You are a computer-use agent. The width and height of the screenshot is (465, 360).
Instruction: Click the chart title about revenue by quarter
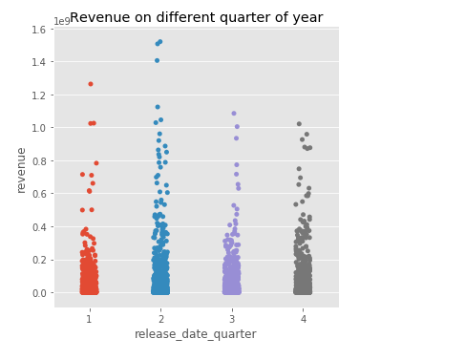[x=196, y=17]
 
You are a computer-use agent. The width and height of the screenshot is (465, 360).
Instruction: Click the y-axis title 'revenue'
[x=21, y=170]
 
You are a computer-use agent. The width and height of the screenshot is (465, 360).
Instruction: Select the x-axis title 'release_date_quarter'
[x=196, y=334]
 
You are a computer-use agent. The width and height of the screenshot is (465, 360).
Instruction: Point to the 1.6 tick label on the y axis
[x=37, y=30]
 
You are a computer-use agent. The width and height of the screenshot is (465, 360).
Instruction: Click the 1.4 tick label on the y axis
[x=37, y=62]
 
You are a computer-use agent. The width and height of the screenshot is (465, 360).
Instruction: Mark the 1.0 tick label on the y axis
[x=37, y=128]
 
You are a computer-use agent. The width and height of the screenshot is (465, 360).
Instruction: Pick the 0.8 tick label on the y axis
[x=37, y=161]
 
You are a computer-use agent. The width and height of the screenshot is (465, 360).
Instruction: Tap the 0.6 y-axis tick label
[x=37, y=194]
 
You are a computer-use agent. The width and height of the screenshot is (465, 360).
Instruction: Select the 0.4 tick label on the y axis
[x=37, y=227]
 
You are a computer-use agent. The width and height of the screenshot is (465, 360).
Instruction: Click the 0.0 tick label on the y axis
[x=37, y=293]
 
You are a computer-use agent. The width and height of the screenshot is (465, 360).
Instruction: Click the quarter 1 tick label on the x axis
[x=89, y=318]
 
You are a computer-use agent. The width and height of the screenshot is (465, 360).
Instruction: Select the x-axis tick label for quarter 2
[x=160, y=318]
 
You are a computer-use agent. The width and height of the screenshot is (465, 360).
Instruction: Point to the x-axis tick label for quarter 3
[x=232, y=318]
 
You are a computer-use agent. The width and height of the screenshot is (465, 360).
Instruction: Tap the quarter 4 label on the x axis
[x=304, y=318]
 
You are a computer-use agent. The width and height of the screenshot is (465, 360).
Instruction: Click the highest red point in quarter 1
[x=91, y=84]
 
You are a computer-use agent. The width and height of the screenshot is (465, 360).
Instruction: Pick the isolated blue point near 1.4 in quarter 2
[x=158, y=61]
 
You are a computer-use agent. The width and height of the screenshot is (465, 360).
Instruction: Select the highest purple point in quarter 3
[x=233, y=114]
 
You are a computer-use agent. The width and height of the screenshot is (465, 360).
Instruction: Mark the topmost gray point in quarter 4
[x=299, y=124]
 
